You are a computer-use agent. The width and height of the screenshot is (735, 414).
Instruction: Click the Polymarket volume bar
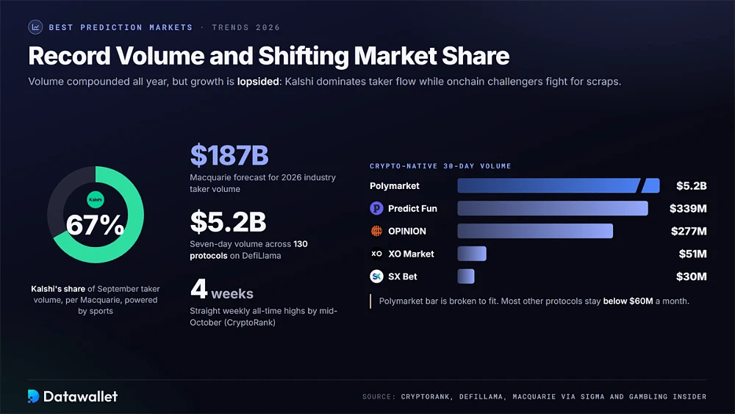559,185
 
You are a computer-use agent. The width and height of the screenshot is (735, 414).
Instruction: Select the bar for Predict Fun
553,208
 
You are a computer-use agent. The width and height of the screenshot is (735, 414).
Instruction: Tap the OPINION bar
535,231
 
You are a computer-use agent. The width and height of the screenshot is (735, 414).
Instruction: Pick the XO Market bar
472,254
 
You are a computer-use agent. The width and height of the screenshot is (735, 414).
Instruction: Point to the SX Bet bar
466,276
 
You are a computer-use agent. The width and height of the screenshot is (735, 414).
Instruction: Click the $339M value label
688,209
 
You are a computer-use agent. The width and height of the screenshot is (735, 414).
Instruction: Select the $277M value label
689,231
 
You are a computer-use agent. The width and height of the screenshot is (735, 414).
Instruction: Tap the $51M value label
692,254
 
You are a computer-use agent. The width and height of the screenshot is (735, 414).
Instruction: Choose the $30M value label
691,276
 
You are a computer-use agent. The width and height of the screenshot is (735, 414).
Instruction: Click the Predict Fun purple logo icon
376,208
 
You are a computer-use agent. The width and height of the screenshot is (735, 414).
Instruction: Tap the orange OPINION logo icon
376,231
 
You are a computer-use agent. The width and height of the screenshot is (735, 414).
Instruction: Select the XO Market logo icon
376,254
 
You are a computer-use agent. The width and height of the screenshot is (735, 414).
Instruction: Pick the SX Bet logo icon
376,276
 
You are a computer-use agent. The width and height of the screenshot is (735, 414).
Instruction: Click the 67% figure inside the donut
95,225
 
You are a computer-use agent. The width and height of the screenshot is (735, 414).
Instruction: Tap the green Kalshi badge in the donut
96,200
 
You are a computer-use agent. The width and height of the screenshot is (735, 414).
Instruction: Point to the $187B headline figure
229,155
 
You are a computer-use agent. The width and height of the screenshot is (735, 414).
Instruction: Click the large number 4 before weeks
198,288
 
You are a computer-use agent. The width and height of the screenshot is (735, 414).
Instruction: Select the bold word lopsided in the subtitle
258,82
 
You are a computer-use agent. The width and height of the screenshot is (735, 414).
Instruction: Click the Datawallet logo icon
33,396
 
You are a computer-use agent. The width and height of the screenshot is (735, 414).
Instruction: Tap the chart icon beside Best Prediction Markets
35,27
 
